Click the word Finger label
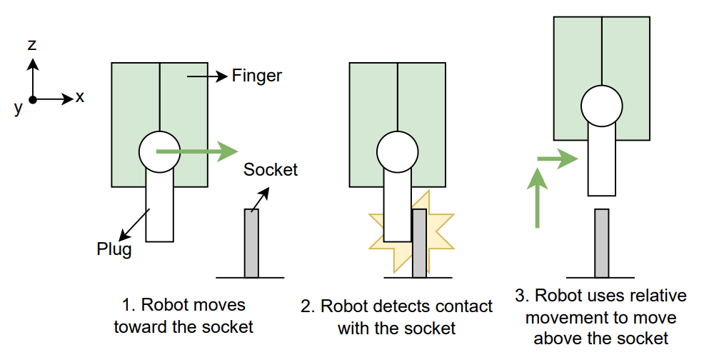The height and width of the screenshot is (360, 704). (x=257, y=75)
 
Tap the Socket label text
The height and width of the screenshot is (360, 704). (x=270, y=170)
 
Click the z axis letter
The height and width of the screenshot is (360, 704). (x=32, y=45)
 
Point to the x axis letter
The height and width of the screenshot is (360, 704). (x=80, y=96)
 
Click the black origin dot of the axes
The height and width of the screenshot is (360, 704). (x=32, y=99)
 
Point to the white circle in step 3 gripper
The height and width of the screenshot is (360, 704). (x=601, y=106)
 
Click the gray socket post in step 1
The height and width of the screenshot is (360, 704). (x=251, y=243)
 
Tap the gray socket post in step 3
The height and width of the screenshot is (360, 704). (x=602, y=243)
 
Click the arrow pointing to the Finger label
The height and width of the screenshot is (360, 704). (x=207, y=75)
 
